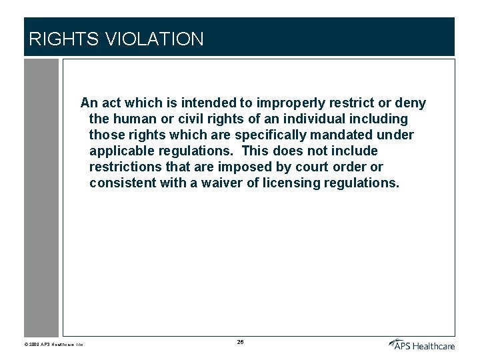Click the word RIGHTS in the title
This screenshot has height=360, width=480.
pos(63,39)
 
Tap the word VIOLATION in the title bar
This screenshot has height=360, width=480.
pos(154,39)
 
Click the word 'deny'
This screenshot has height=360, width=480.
pos(411,103)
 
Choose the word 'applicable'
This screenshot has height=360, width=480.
pos(121,151)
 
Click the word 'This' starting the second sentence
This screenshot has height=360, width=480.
pos(255,151)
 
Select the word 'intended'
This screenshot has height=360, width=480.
pos(209,103)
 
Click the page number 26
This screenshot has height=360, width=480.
pos(240,342)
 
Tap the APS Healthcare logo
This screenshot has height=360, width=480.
pos(422,344)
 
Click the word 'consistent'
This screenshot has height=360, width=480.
pos(123,183)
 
